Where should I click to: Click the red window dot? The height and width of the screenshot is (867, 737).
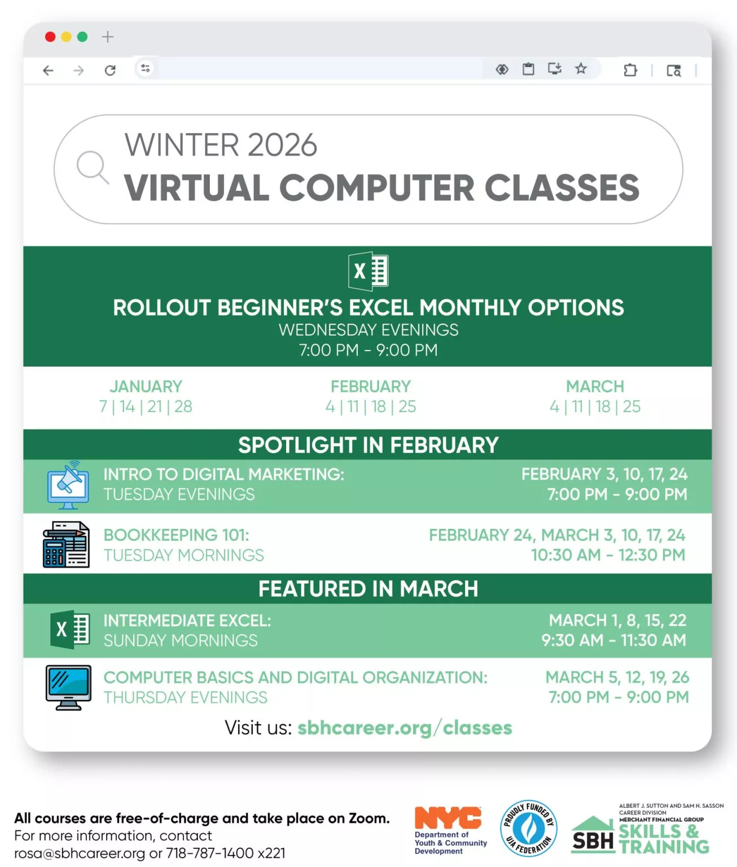coord(50,37)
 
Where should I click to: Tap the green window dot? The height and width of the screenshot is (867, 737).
coord(82,37)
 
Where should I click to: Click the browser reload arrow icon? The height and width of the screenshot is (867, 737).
coord(110,70)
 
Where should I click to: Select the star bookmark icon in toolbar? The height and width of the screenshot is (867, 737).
coord(581,68)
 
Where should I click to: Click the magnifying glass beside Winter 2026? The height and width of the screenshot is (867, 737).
coord(93,167)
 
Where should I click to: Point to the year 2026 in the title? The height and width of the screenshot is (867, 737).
coord(282,145)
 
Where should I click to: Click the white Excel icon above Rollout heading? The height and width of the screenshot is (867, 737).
coord(368,271)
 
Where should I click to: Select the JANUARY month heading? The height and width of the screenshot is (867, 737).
coord(146,386)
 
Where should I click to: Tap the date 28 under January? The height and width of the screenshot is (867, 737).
coord(183,406)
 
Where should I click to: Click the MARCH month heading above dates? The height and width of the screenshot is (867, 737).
coord(595,386)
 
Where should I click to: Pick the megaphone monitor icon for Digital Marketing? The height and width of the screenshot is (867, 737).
coord(68,485)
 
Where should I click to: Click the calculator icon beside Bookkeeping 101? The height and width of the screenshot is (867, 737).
coord(66,545)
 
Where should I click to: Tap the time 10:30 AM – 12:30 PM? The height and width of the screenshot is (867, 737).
coord(608,555)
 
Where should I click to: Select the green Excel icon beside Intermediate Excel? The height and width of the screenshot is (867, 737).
coord(70,629)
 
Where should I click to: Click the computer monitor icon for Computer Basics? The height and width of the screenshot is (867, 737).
coord(68,688)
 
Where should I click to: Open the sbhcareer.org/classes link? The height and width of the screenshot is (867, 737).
coord(405,728)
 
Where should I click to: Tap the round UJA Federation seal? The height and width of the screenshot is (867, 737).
coord(529,829)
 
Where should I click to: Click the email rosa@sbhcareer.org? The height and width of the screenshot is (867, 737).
coord(80,853)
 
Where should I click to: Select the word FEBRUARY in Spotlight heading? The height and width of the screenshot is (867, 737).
coord(444,445)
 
